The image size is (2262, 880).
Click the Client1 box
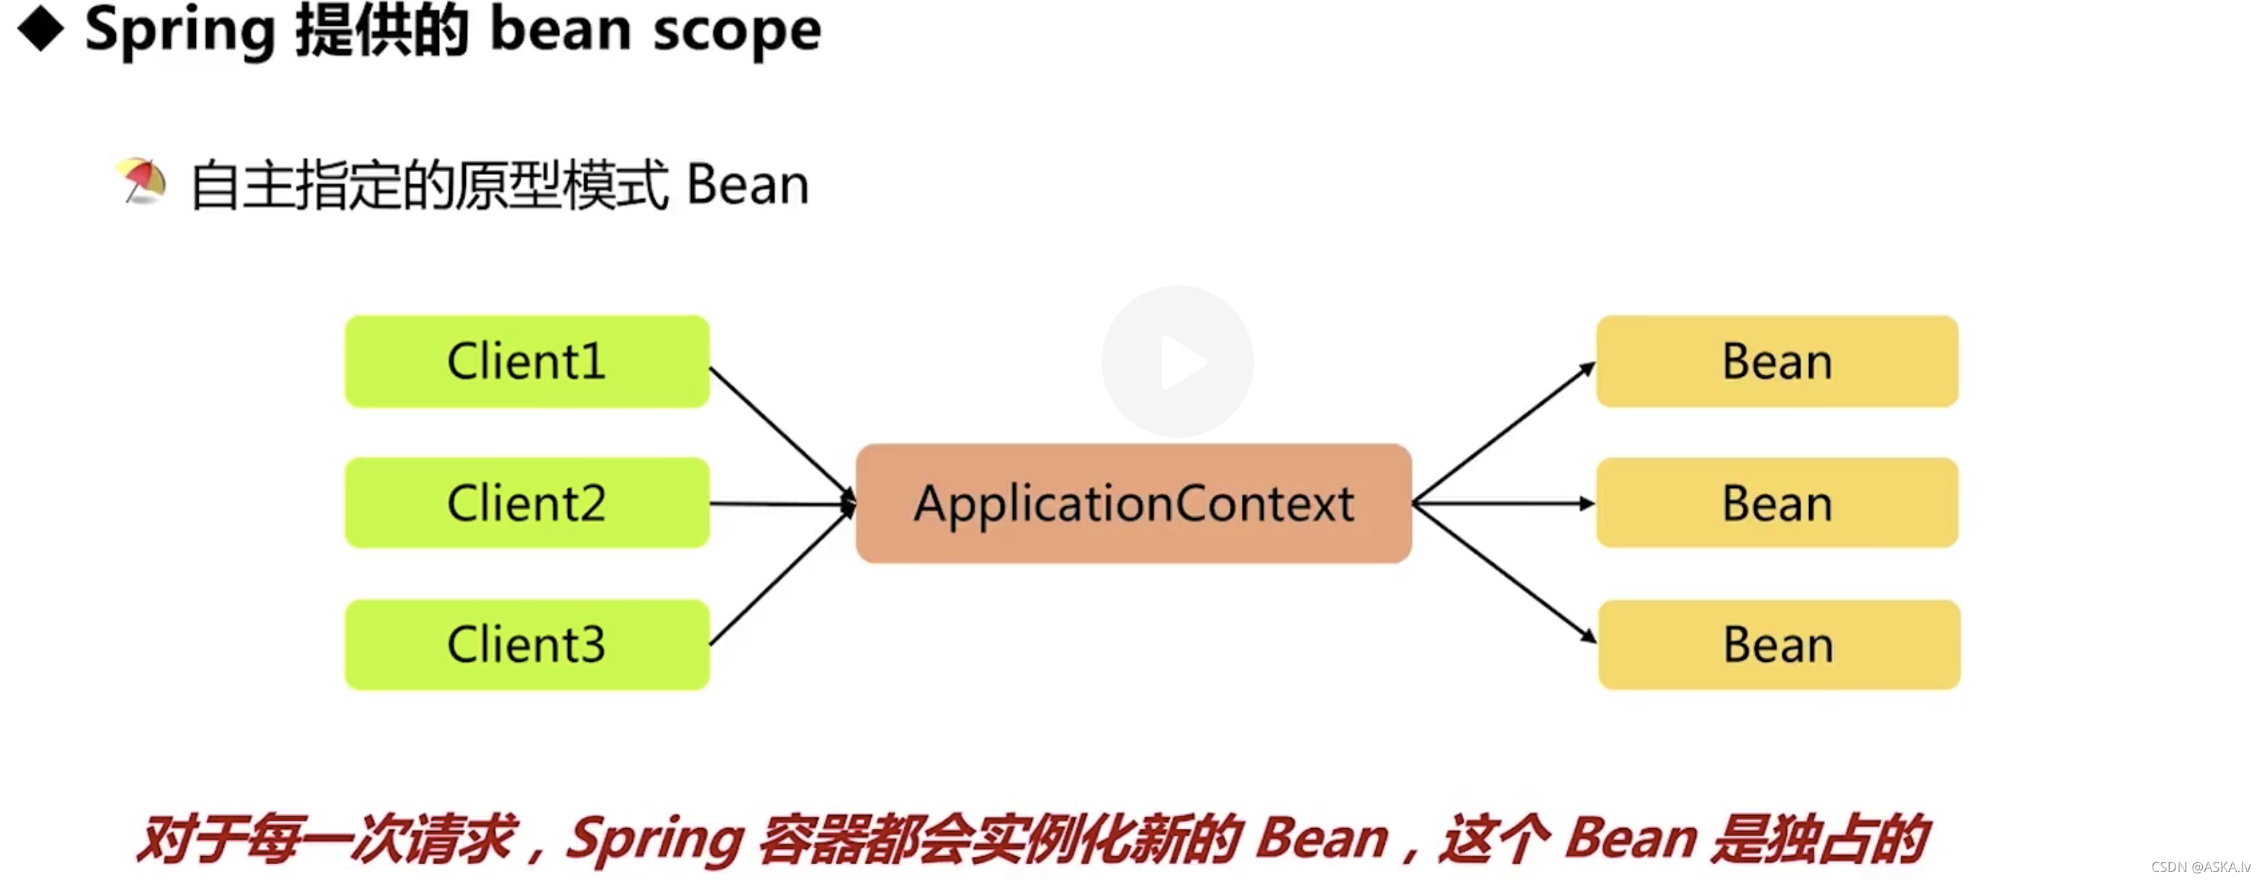coord(527,361)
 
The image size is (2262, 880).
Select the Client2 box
coord(527,503)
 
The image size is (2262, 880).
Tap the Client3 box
coord(527,645)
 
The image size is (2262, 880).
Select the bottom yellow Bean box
coord(1779,645)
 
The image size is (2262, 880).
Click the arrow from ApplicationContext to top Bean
coord(1503,432)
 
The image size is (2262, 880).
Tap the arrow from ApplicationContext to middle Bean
coord(1503,503)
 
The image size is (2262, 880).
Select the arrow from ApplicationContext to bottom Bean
coord(1503,573)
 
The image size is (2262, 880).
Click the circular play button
coord(1178,361)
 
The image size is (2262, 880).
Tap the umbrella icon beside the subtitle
coord(143,181)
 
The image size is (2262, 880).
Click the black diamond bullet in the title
coord(41,29)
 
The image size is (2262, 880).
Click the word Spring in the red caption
coord(654,839)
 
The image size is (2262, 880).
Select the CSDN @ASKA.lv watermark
coord(2201,867)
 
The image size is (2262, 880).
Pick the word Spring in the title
coord(180,32)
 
